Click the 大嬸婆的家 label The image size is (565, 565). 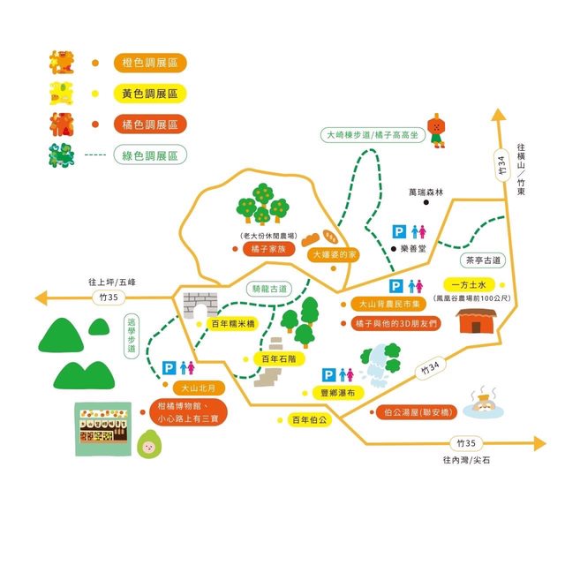334,254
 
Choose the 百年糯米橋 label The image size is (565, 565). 232,324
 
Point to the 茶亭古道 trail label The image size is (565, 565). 482,260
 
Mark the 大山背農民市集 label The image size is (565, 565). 383,304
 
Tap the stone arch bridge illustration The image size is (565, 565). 200,305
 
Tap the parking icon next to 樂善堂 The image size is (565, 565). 399,231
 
